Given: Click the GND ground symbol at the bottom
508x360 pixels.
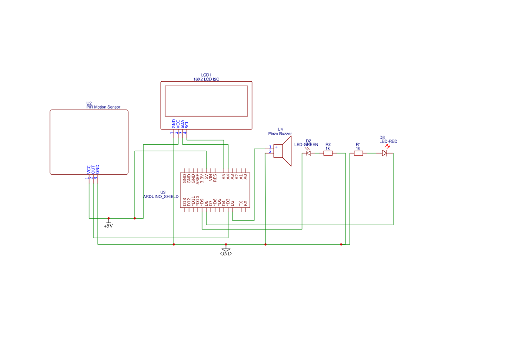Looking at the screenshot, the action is (226, 250).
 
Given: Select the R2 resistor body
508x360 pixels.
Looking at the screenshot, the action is (328, 153).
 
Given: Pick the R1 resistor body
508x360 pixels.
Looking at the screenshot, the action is (359, 153).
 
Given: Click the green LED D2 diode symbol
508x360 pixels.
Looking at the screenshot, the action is (309, 153).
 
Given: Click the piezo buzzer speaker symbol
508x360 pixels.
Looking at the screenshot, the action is (282, 151).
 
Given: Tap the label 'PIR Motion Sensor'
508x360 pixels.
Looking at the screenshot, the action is (103, 107).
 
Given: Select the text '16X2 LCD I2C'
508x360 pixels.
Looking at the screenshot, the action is (206, 79).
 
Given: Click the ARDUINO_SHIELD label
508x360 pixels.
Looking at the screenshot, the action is (161, 197).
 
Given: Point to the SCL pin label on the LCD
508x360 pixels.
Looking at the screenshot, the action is (187, 124).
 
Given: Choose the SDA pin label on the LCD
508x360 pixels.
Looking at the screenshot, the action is (183, 124).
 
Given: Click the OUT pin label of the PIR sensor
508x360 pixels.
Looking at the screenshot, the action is (93, 170).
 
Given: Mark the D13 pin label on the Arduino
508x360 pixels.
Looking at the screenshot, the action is (185, 202).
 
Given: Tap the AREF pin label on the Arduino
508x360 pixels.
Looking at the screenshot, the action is (198, 179).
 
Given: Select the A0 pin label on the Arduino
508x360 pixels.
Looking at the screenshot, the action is (246, 177).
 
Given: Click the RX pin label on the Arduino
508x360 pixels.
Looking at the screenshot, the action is (246, 203).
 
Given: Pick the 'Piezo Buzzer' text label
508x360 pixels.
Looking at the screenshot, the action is (280, 133).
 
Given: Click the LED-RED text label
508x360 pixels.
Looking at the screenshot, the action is (388, 141).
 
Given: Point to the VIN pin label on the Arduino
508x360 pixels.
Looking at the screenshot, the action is (211, 177).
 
